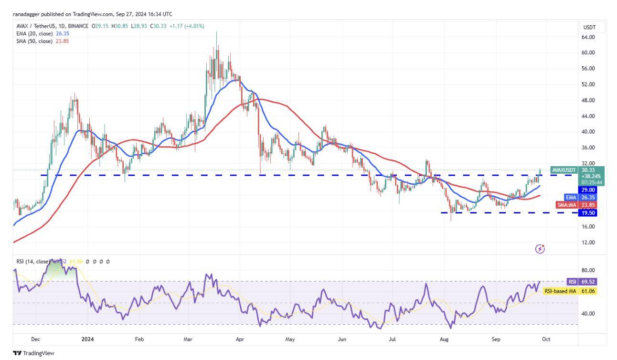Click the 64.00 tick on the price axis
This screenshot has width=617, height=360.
coord(588,37)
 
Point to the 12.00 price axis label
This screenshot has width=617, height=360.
coord(588,242)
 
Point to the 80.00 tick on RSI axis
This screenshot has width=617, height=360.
coord(588,270)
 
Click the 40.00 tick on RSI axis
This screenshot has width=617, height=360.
coord(588,314)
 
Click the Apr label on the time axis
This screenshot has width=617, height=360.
coord(240,339)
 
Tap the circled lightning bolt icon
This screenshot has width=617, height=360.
coord(540,249)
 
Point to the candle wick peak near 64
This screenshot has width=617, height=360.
coord(216,32)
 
